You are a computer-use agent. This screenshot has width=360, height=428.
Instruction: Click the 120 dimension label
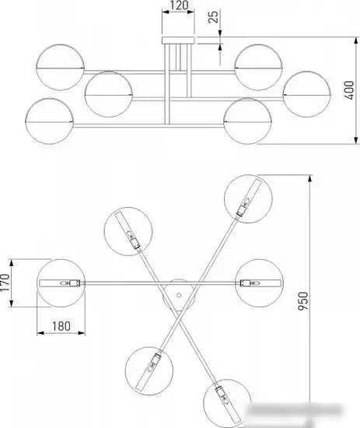pos(179,5)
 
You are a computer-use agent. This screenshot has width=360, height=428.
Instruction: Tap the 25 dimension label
pos(213,16)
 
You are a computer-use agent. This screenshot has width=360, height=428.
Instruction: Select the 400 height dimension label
pos(349,90)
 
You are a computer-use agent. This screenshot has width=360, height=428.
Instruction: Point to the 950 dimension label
pos(302,301)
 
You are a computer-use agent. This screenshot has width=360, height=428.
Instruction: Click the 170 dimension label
pos(5,282)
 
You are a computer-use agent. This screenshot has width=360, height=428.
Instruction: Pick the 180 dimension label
pos(61,326)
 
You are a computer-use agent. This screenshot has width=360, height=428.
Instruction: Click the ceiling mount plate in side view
pos(179,40)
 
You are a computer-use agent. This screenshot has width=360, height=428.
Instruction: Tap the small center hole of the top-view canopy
pos(179,295)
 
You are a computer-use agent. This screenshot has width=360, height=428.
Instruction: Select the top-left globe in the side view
pos(60,68)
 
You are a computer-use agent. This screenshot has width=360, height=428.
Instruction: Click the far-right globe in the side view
pos(307,94)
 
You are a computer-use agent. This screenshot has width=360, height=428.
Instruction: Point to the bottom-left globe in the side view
pos(49,121)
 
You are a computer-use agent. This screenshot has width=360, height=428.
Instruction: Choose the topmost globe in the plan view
pos(248,198)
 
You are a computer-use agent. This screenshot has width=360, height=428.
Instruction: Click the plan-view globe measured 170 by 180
pos(61,283)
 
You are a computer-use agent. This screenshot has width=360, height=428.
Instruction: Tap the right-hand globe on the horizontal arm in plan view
pos(259,283)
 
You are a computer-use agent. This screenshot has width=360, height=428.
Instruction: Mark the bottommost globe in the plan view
pos(227,403)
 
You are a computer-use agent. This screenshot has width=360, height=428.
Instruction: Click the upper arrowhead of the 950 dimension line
pos(309,178)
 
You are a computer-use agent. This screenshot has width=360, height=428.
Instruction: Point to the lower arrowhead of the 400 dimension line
pos(355,140)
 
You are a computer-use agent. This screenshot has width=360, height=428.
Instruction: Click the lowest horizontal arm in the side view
pos(149,126)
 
